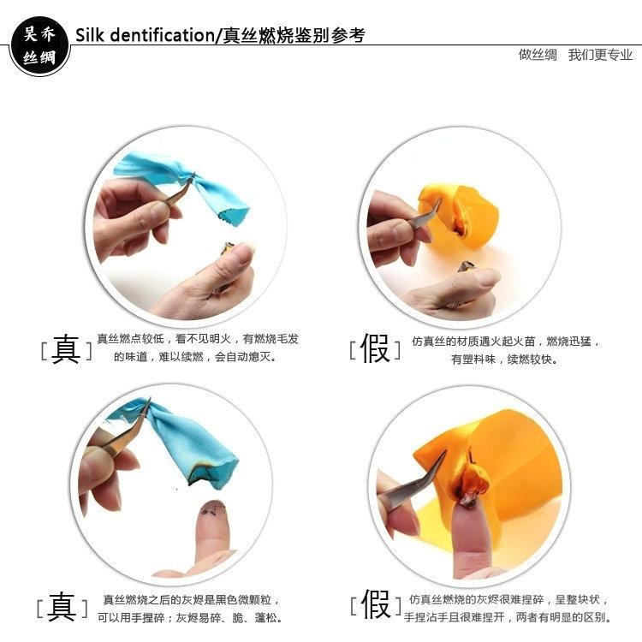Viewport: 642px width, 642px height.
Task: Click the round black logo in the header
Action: click(x=39, y=45)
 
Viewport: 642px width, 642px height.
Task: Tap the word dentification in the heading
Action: click(x=163, y=35)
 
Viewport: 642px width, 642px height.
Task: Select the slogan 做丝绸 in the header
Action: click(x=538, y=55)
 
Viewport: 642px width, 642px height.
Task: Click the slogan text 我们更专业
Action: click(x=600, y=55)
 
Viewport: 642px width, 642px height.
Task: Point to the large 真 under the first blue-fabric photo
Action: click(x=66, y=349)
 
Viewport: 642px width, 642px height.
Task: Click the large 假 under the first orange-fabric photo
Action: click(x=375, y=348)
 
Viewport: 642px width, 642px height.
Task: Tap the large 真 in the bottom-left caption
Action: click(x=62, y=606)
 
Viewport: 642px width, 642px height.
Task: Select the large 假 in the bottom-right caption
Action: click(x=376, y=604)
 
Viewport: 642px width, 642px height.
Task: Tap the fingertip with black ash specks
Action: click(x=213, y=511)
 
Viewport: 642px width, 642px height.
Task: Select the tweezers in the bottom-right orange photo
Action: click(x=414, y=482)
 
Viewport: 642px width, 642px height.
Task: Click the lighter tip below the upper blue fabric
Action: click(x=227, y=247)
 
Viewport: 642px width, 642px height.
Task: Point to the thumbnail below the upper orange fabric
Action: click(x=483, y=278)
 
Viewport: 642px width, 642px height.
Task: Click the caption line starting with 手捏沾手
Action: click(x=508, y=616)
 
